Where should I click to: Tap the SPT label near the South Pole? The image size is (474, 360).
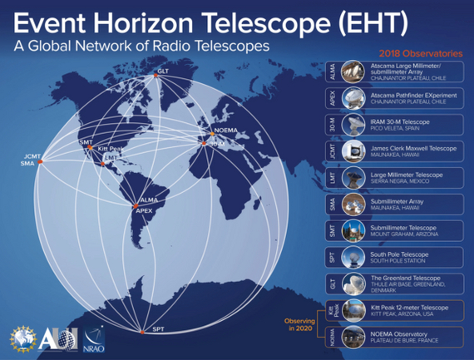pyautogui.click(x=159, y=330)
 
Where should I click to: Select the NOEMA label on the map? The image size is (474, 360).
pyautogui.click(x=225, y=132)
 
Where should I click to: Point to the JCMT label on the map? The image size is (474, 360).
pyautogui.click(x=32, y=155)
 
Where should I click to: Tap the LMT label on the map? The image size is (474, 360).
pyautogui.click(x=109, y=158)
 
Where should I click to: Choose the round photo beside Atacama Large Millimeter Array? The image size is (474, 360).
pyautogui.click(x=350, y=72)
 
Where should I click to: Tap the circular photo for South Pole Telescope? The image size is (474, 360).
pyautogui.click(x=350, y=258)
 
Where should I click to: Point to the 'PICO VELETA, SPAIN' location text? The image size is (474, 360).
pyautogui.click(x=394, y=128)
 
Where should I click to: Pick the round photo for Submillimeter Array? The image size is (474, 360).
pyautogui.click(x=350, y=205)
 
